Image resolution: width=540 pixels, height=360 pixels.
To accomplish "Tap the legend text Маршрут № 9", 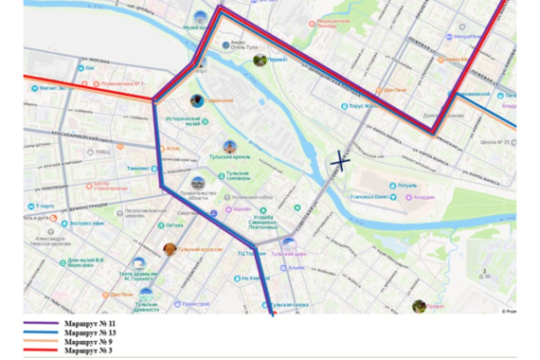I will tap(90, 342).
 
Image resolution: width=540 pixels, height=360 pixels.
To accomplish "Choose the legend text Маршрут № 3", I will tap(90, 351).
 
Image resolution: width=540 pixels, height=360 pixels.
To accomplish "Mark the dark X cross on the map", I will tap(338, 162).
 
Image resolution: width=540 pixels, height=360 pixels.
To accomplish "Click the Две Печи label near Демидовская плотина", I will tap(394, 92).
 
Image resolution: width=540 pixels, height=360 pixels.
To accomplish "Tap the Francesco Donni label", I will tap(369, 196).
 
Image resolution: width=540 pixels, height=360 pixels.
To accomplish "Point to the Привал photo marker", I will tap(419, 306).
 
